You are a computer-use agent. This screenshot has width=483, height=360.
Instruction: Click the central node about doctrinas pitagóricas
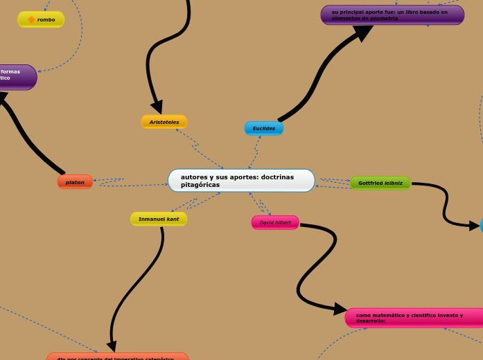coord(241,181)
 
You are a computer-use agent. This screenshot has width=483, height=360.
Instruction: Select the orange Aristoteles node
coord(164,122)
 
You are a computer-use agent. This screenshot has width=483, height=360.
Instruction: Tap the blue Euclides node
coord(264,128)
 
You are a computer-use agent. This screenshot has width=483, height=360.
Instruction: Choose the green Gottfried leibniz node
coord(380,183)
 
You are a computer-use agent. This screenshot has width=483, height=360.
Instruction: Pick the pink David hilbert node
coord(275,222)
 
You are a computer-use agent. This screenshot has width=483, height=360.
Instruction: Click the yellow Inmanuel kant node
coord(159,219)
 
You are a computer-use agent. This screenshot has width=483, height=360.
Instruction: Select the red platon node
coord(75,182)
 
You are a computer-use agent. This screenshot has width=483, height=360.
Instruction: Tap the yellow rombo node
coord(41,19)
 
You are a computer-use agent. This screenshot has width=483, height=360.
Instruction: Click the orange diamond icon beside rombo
coord(31,19)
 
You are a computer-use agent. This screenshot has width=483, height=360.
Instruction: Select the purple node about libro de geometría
coord(392,15)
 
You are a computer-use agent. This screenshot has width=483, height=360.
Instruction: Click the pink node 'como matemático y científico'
coord(414,318)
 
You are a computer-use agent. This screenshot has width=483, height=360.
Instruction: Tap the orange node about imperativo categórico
coord(118,357)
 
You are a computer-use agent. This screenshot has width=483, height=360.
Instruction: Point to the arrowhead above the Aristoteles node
coord(157,107)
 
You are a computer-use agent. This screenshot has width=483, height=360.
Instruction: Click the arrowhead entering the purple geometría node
coord(362,33)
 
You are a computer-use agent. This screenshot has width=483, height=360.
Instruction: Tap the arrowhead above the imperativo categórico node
coord(111,345)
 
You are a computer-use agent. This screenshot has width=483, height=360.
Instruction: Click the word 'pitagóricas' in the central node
coord(200,185)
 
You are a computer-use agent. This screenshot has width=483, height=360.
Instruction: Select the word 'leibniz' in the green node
coord(394,183)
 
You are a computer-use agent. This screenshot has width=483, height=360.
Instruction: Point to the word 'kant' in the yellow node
coord(173,219)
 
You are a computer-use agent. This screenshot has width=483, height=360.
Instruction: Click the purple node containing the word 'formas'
coord(17,76)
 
